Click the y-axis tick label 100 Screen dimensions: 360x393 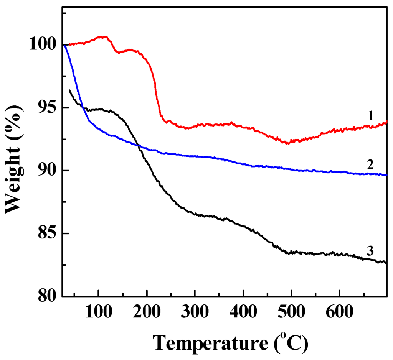41,45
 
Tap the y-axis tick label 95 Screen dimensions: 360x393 46,108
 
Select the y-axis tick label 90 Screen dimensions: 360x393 46,171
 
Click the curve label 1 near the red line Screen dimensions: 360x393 370,115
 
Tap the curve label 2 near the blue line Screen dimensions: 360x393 370,165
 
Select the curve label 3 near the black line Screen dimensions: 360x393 370,252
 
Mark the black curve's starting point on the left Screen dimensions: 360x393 69,90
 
